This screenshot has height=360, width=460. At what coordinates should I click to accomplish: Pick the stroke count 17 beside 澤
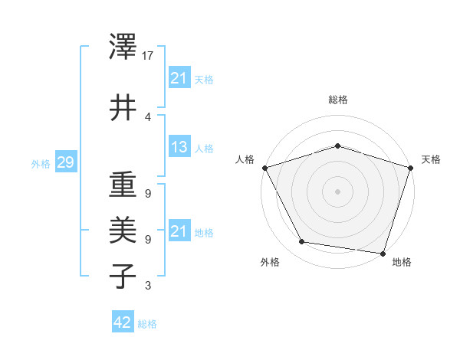coord(149,55)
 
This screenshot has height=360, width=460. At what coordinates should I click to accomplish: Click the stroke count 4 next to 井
coord(148,116)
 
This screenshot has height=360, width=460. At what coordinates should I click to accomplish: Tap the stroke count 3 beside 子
coord(148,286)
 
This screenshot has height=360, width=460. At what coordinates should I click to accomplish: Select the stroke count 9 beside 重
coord(148,193)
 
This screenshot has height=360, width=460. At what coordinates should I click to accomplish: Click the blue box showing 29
coord(64,162)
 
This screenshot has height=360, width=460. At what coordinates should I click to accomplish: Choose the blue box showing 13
coord(179,147)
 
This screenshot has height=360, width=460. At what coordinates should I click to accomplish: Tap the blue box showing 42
coord(122,322)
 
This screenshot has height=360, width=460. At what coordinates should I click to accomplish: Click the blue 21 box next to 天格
coord(179,77)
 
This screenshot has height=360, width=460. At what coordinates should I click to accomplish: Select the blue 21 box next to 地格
coord(179,231)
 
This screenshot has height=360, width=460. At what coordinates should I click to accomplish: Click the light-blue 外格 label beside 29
coord(41,163)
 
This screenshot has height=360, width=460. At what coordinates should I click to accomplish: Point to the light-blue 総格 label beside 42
coord(147,323)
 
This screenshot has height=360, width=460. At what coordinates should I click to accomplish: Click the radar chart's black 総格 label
coord(337,100)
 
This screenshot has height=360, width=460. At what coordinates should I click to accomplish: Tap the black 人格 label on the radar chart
coord(245,159)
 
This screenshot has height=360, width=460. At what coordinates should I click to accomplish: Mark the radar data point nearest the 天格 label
coord(410,168)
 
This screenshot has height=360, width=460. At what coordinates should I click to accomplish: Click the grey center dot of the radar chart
coord(337,191)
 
